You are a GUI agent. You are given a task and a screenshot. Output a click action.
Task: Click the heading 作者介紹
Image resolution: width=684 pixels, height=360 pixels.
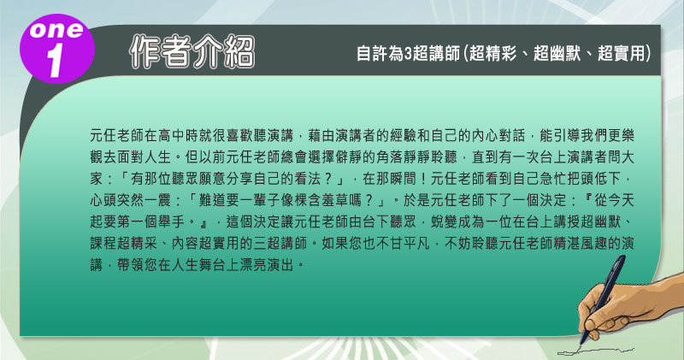[192, 52]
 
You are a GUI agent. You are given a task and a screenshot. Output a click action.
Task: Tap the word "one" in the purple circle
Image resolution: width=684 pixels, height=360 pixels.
[56, 30]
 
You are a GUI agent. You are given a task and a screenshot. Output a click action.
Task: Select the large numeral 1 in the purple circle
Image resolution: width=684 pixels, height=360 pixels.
[56, 61]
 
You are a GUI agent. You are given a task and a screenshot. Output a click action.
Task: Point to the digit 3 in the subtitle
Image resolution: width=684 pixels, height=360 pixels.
[409, 54]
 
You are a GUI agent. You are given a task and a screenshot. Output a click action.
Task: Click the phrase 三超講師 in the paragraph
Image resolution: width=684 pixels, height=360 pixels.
[280, 243]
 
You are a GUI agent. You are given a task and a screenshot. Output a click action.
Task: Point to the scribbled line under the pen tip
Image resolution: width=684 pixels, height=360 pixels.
[595, 351]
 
